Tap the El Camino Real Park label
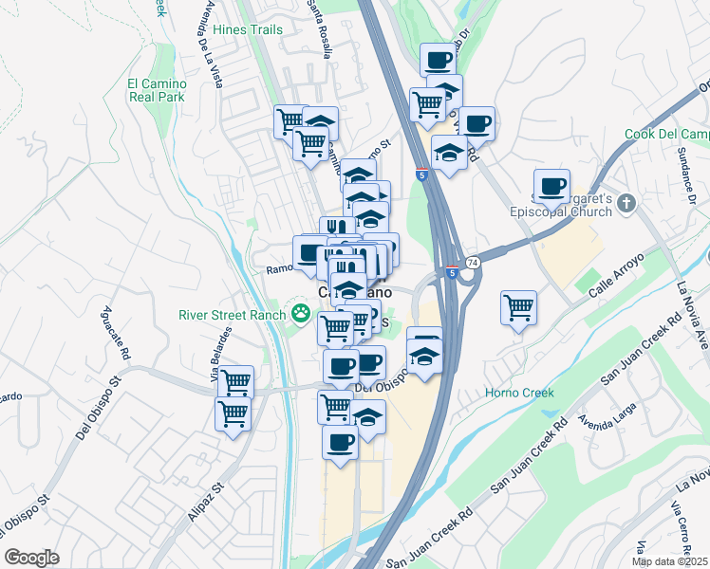[x=158, y=90]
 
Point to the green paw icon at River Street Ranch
[x=301, y=311]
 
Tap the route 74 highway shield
[x=472, y=261]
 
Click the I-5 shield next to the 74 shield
[x=453, y=273]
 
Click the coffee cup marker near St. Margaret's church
[x=551, y=185]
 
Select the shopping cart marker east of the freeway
[x=518, y=306]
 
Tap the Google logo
[x=31, y=558]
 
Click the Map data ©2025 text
[x=670, y=561]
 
